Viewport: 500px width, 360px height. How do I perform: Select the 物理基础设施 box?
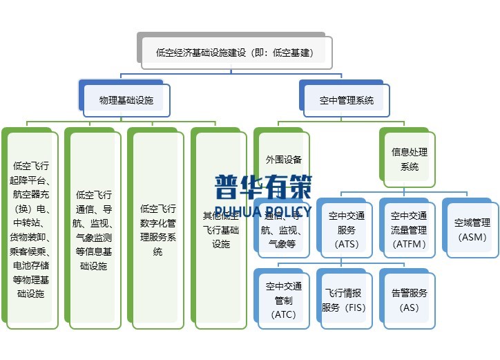click(126, 100)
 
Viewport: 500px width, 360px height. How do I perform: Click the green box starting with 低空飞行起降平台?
click(30, 229)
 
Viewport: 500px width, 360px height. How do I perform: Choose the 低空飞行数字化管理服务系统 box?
click(157, 229)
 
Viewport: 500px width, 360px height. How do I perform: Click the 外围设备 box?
click(284, 159)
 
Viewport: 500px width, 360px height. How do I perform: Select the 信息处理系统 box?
click(410, 159)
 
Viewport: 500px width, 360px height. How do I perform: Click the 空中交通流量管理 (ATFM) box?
click(410, 229)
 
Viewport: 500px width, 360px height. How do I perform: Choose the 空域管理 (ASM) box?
click(472, 229)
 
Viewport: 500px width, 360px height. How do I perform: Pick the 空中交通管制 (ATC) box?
click(284, 299)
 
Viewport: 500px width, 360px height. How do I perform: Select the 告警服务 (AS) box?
click(410, 299)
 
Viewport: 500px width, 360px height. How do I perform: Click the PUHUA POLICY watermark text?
click(262, 208)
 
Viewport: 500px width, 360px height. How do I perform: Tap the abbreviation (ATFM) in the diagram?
click(410, 243)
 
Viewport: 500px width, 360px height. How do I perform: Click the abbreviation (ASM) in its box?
click(472, 237)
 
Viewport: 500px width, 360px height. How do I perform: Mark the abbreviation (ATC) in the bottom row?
click(284, 314)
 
